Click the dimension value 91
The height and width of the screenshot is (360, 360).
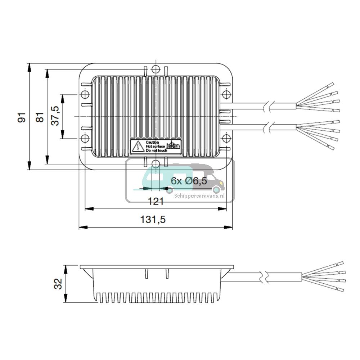[22, 117]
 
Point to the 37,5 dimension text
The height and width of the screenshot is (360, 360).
[55, 116]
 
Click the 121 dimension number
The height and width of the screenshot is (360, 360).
[156, 201]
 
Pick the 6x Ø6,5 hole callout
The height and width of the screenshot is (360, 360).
[189, 181]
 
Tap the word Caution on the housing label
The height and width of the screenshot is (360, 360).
[150, 143]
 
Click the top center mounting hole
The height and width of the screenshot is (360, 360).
[156, 69]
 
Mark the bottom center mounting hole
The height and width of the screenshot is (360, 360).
[156, 164]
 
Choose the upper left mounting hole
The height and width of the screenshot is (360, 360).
[85, 95]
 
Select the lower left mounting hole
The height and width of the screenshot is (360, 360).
[85, 139]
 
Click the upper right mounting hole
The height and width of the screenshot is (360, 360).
[226, 95]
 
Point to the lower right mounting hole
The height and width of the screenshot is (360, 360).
[226, 139]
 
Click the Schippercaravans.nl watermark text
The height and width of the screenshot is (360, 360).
[199, 196]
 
